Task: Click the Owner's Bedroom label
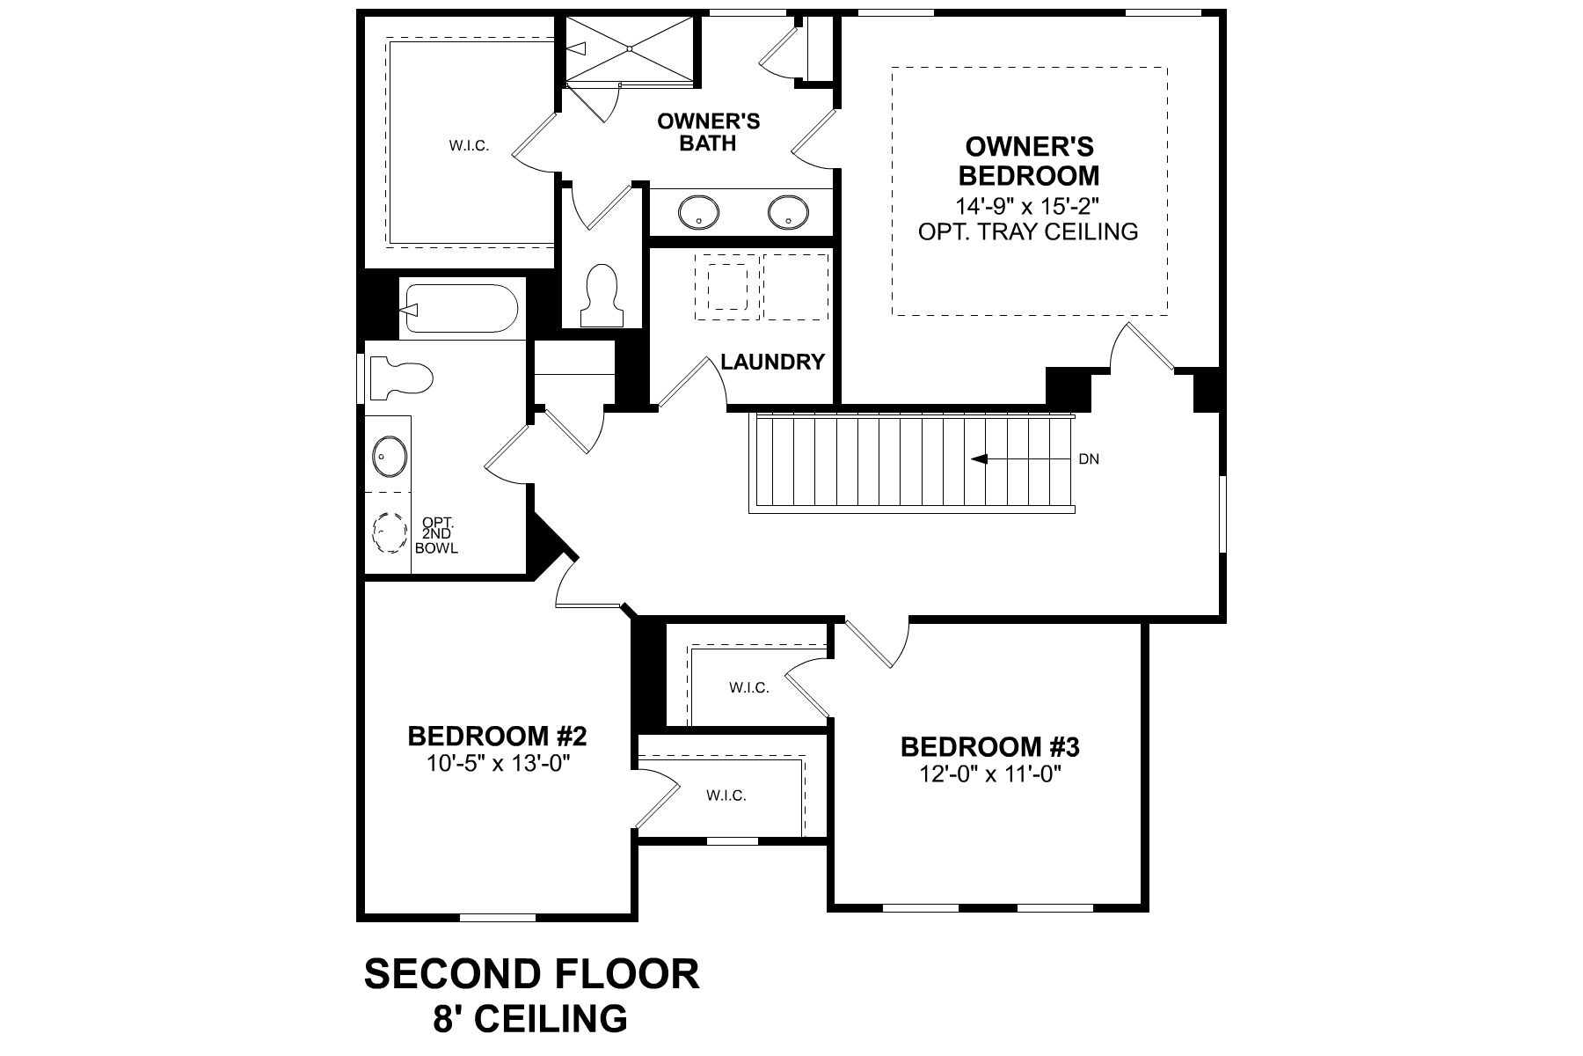pyautogui.click(x=1028, y=160)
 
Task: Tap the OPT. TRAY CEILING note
pyautogui.click(x=1028, y=231)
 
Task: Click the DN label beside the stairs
pyautogui.click(x=1089, y=459)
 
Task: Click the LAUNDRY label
pyautogui.click(x=772, y=362)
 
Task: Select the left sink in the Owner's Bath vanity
pyautogui.click(x=698, y=212)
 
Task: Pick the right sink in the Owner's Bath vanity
pyautogui.click(x=787, y=212)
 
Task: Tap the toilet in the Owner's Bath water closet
pyautogui.click(x=602, y=293)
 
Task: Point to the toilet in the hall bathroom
pyautogui.click(x=400, y=378)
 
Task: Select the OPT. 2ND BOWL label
pyautogui.click(x=437, y=535)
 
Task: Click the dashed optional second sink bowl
pyautogui.click(x=388, y=532)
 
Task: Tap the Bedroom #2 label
pyautogui.click(x=497, y=735)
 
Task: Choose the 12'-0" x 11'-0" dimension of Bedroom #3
pyautogui.click(x=989, y=774)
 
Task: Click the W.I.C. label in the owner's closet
pyautogui.click(x=469, y=146)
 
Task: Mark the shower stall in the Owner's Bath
pyautogui.click(x=628, y=49)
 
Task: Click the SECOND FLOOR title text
pyautogui.click(x=531, y=974)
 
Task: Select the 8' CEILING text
pyautogui.click(x=531, y=1019)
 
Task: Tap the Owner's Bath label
pyautogui.click(x=708, y=132)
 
